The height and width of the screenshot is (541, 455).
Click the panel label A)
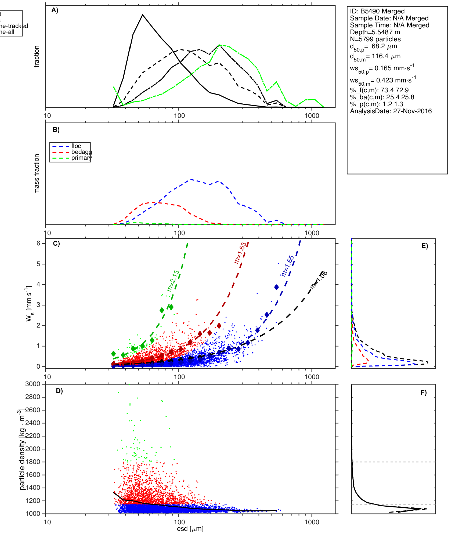pyautogui.click(x=55, y=10)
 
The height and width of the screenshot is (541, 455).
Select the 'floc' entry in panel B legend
pyautogui.click(x=76, y=146)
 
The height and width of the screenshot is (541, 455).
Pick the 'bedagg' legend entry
pyautogui.click(x=81, y=152)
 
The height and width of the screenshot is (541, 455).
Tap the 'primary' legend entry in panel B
pyautogui.click(x=81, y=158)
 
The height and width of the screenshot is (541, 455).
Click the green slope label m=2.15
pyautogui.click(x=173, y=281)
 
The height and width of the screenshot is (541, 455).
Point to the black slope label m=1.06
pyautogui.click(x=319, y=280)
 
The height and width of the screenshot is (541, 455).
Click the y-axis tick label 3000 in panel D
pyautogui.click(x=32, y=384)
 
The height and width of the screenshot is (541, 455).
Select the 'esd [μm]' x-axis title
pyautogui.click(x=190, y=529)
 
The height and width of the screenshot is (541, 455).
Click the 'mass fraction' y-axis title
pyautogui.click(x=37, y=174)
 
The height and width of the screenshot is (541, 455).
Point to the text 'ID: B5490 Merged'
pyautogui.click(x=377, y=11)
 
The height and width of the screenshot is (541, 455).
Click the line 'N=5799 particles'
pyautogui.click(x=375, y=39)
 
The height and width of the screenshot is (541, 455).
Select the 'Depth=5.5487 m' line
pyautogui.click(x=375, y=32)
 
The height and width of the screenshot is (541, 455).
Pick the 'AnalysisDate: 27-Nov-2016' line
pyautogui.click(x=391, y=111)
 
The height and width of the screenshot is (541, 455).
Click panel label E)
pyautogui.click(x=425, y=246)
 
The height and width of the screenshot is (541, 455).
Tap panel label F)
pyautogui.click(x=424, y=393)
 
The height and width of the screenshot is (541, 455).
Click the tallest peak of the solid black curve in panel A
pyautogui.click(x=143, y=15)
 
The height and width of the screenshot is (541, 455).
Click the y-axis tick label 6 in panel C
pyautogui.click(x=38, y=243)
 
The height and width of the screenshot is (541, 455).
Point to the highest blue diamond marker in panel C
pyautogui.click(x=276, y=287)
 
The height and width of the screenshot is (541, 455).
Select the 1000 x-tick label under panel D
pyautogui.click(x=312, y=522)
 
